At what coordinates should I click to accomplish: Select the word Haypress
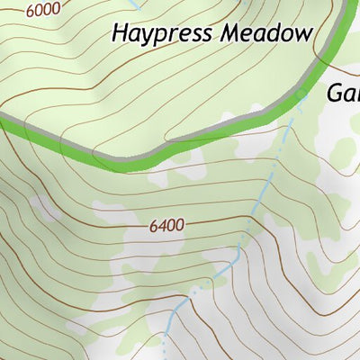(x=159, y=35)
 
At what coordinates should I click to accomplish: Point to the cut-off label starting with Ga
(x=343, y=93)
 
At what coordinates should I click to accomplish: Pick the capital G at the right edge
(x=336, y=93)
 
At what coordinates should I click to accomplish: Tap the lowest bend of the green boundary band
(x=126, y=165)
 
